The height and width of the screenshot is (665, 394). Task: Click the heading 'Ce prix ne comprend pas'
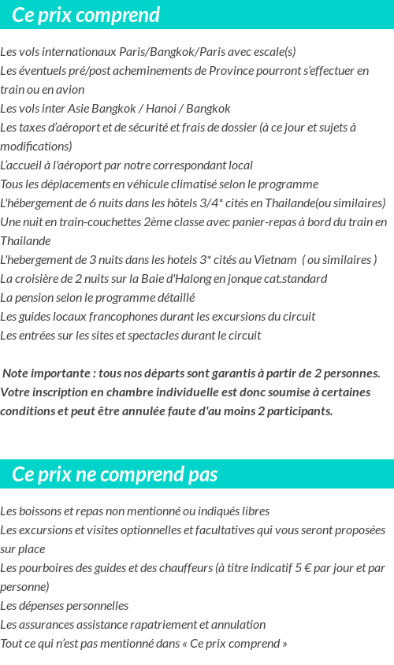pos(115,474)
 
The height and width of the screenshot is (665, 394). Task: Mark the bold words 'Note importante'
pos(44,373)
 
